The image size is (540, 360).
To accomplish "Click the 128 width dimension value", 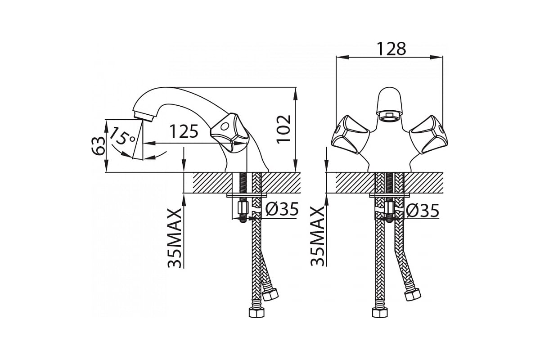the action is [391, 49].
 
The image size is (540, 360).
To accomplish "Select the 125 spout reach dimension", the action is [184, 131].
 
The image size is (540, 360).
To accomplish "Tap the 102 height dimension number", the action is [284, 129].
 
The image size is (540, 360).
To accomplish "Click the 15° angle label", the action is [122, 136].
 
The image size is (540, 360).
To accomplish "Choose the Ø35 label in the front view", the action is [423, 211].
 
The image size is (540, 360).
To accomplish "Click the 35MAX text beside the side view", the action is [174, 238].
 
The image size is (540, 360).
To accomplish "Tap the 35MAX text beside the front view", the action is [317, 236].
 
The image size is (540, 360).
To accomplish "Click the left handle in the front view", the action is [350, 134].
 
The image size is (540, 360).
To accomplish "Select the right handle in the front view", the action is [428, 134].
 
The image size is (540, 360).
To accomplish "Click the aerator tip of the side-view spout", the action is [144, 116].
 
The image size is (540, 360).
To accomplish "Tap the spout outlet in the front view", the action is [389, 116].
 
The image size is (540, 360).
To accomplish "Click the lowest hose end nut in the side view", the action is [256, 313].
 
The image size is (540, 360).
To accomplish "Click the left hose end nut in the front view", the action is [380, 313].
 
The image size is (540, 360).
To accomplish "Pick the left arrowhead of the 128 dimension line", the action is [342, 57].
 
